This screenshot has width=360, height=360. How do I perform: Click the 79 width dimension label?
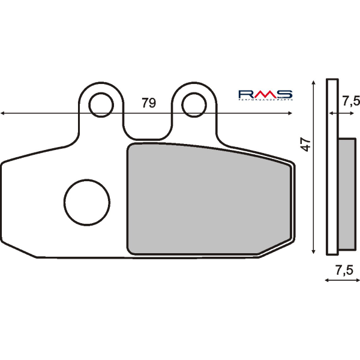click(x=148, y=103)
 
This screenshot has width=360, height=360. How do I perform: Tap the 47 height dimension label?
click(x=305, y=144)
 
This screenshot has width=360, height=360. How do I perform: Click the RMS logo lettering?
click(x=265, y=94)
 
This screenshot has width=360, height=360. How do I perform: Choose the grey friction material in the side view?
click(x=346, y=194)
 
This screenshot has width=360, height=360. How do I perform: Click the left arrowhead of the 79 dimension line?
click(x=3, y=112)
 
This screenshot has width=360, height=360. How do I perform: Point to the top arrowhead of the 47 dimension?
click(x=314, y=82)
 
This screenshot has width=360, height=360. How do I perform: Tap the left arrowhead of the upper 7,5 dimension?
click(x=329, y=112)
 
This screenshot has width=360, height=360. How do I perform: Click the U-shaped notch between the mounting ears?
click(x=147, y=129)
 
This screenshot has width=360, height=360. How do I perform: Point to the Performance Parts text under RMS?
click(x=265, y=100)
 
